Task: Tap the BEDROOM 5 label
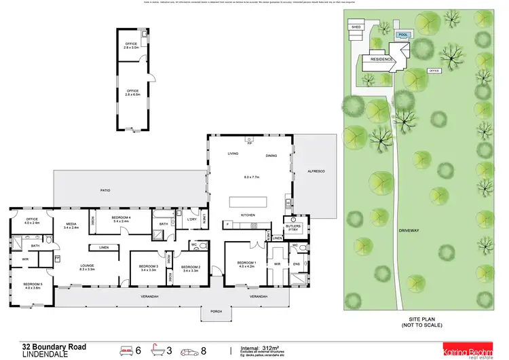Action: coord(32,285)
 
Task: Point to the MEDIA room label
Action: coord(71,225)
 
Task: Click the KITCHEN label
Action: coord(248,216)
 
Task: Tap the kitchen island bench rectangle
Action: coord(248,202)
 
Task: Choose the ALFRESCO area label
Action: coord(316,171)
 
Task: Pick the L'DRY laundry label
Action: coord(191,220)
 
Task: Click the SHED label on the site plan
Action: coord(356,27)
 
